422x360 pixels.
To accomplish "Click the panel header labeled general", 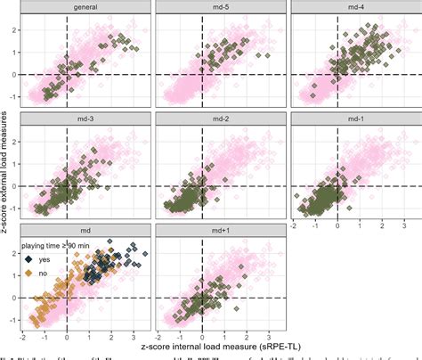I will coord(87,7).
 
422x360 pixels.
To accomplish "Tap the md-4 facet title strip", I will coord(355,7).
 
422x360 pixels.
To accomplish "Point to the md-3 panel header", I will coord(87,118).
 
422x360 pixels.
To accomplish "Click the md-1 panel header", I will coord(355,118).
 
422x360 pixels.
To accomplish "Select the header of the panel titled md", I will coord(87,228).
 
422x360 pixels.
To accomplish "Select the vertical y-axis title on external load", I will coord(7,169).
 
